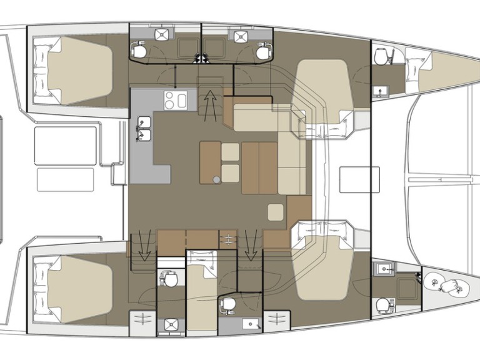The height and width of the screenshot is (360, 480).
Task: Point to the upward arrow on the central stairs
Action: click(x=211, y=102)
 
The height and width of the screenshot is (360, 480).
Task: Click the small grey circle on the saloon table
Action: click(x=216, y=180)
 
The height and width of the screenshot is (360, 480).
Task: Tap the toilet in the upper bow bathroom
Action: click(x=381, y=57)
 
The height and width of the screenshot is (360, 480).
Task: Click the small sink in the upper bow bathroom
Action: click(x=381, y=92)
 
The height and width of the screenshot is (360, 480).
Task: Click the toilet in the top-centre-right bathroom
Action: click(x=262, y=52)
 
